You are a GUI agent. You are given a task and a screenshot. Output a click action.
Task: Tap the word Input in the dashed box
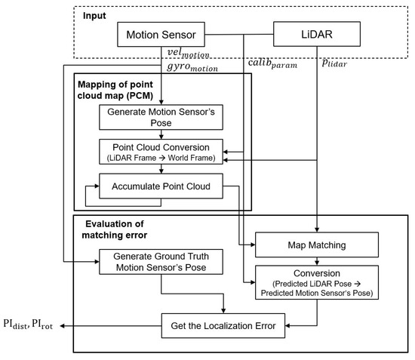[x=96, y=15]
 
